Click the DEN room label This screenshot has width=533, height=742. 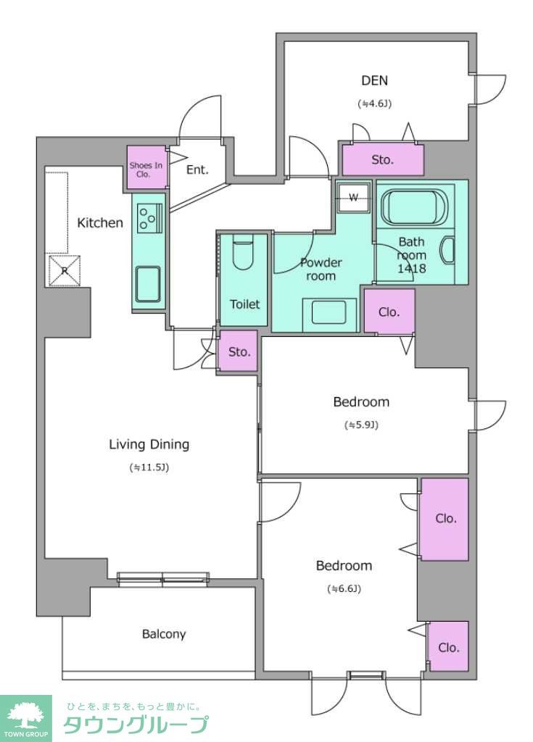(x=374, y=80)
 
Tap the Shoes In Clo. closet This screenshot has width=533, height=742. (x=147, y=167)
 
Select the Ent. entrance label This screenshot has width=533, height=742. (x=197, y=170)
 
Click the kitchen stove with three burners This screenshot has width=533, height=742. (x=149, y=217)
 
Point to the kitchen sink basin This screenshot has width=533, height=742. (x=148, y=284)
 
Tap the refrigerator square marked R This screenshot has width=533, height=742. (x=65, y=271)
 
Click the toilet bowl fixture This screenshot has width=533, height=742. (x=244, y=252)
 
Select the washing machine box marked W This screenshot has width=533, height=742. (x=353, y=198)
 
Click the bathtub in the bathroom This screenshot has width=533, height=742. (x=415, y=207)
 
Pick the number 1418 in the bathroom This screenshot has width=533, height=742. (x=411, y=269)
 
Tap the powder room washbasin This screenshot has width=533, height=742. (x=329, y=312)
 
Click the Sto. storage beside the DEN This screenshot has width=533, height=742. (x=383, y=159)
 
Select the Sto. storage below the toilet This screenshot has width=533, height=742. (x=239, y=351)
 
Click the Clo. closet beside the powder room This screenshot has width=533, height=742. (x=389, y=312)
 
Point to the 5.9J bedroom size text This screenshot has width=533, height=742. (x=361, y=425)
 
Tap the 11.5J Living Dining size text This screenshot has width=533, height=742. (x=149, y=467)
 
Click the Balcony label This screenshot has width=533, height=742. (x=164, y=633)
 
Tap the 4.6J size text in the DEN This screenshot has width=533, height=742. (x=374, y=104)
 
